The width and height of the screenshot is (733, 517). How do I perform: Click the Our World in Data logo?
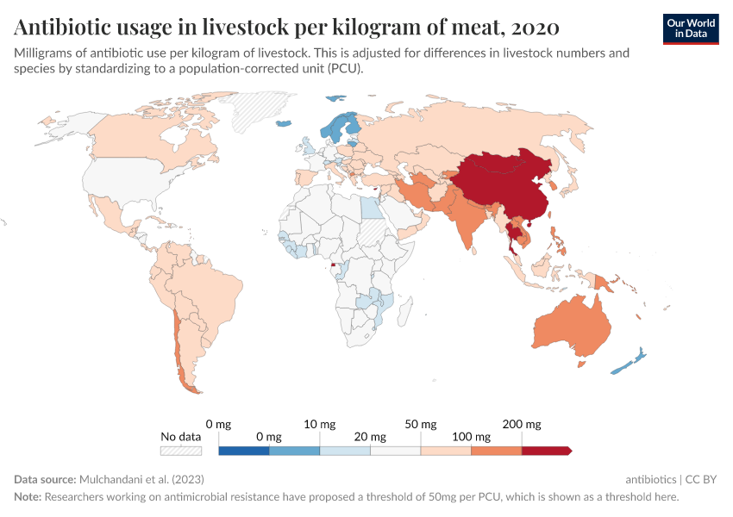[x=691, y=28]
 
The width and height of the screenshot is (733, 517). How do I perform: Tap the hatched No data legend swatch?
[x=181, y=451]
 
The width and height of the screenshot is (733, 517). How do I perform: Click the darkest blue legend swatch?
[x=244, y=451]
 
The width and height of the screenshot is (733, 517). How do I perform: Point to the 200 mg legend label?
[x=522, y=424]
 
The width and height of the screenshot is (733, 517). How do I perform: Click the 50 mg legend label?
[x=421, y=424]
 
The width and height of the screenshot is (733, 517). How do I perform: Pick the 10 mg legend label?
[x=320, y=424]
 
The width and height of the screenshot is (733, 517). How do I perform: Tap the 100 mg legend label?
[x=471, y=437]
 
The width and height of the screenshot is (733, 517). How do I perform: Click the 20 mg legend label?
[x=370, y=437]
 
